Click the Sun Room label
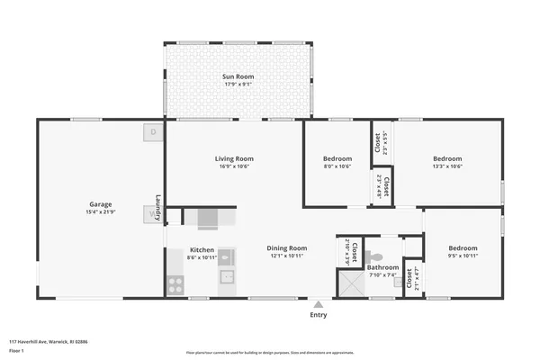coord(238,77)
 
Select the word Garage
coord(100,203)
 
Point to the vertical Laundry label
coord(158,208)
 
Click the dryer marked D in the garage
coord(153,132)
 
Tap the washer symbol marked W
coord(149,214)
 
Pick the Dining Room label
coord(286,247)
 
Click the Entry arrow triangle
coord(319,303)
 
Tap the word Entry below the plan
coord(319,315)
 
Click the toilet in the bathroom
coord(375,256)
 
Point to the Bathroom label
coord(382,267)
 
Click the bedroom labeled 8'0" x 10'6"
coord(337,162)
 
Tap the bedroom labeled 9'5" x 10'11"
coord(463,251)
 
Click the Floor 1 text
coord(17,352)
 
